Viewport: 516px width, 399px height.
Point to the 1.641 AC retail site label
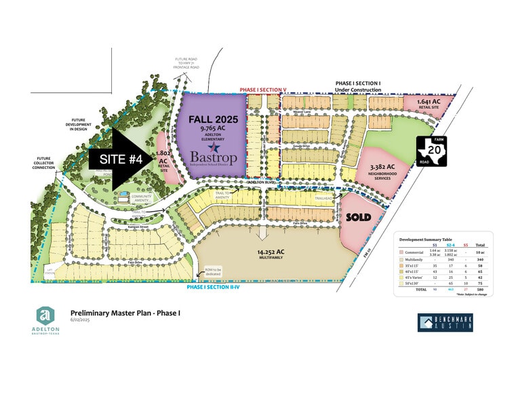[422, 104]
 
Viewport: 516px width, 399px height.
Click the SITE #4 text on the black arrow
[117, 159]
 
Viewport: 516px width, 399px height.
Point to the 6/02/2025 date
[80, 320]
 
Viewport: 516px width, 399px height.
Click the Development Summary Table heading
[425, 239]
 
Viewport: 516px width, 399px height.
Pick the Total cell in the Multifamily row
[481, 259]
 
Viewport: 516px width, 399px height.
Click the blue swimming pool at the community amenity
[123, 194]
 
